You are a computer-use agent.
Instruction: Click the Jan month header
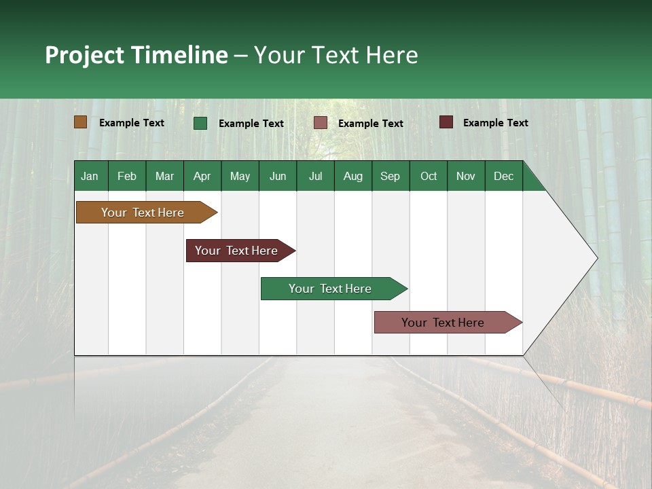pyautogui.click(x=90, y=176)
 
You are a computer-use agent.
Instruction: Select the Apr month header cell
pyautogui.click(x=202, y=176)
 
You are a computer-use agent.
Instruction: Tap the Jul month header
pyautogui.click(x=315, y=176)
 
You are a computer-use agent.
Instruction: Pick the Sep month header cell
pyautogui.click(x=391, y=176)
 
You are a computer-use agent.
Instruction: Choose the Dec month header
pyautogui.click(x=503, y=176)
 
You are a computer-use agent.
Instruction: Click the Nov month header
pyautogui.click(x=466, y=176)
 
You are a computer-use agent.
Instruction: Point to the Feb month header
pyautogui.click(x=127, y=176)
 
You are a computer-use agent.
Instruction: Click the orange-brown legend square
pyautogui.click(x=80, y=122)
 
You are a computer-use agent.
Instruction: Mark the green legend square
pyautogui.click(x=200, y=123)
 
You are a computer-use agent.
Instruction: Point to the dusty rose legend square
pyautogui.click(x=321, y=123)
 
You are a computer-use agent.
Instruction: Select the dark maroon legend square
pyautogui.click(x=446, y=122)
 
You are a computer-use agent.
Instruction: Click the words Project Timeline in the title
pyautogui.click(x=136, y=55)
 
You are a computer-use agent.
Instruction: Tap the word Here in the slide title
pyautogui.click(x=392, y=55)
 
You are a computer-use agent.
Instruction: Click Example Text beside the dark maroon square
pyautogui.click(x=495, y=122)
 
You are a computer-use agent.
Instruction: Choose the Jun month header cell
pyautogui.click(x=278, y=176)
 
